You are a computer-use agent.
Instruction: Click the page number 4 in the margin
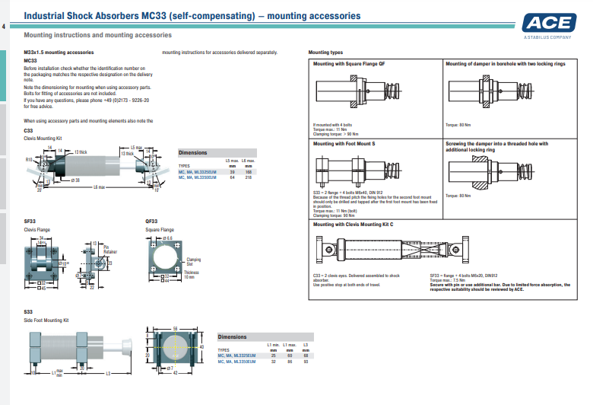point(3,28)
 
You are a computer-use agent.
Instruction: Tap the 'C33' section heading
point(28,130)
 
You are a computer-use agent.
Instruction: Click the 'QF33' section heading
point(151,221)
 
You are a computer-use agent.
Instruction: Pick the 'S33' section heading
point(28,311)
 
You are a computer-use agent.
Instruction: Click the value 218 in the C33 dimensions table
point(248,176)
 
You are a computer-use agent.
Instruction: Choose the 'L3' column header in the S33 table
point(305,345)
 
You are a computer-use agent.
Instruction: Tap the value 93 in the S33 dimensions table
point(305,361)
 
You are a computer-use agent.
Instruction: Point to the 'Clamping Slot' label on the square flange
point(194,261)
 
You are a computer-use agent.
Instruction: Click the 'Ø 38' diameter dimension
point(76,180)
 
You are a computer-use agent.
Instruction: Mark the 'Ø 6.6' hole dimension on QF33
point(167,238)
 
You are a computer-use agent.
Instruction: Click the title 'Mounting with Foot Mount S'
point(344,143)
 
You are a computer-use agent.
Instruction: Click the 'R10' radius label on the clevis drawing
point(28,160)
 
